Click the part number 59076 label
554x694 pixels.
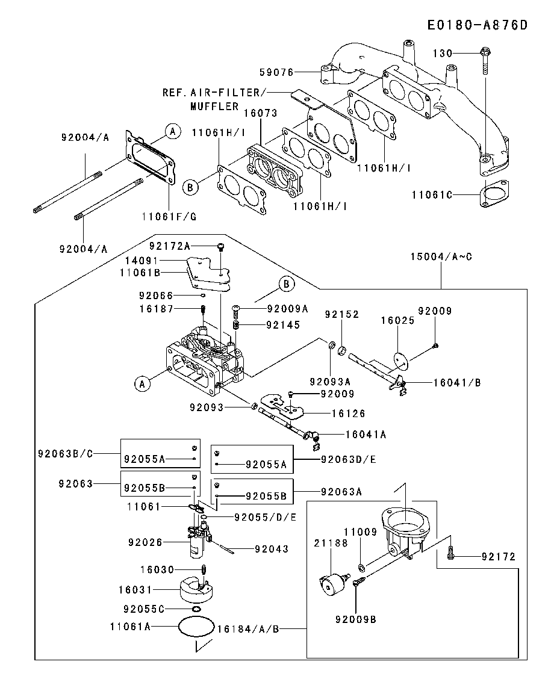point(276,72)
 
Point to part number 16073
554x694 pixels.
point(260,113)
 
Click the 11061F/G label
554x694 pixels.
point(169,216)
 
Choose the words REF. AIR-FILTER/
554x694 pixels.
point(214,93)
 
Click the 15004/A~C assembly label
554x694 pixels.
point(441,256)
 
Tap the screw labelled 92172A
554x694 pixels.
point(221,246)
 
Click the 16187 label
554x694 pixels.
point(156,309)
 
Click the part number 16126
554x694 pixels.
point(349,414)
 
